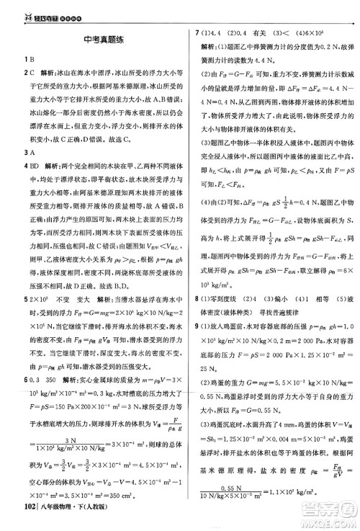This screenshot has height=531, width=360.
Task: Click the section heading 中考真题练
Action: [x=95, y=41]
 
